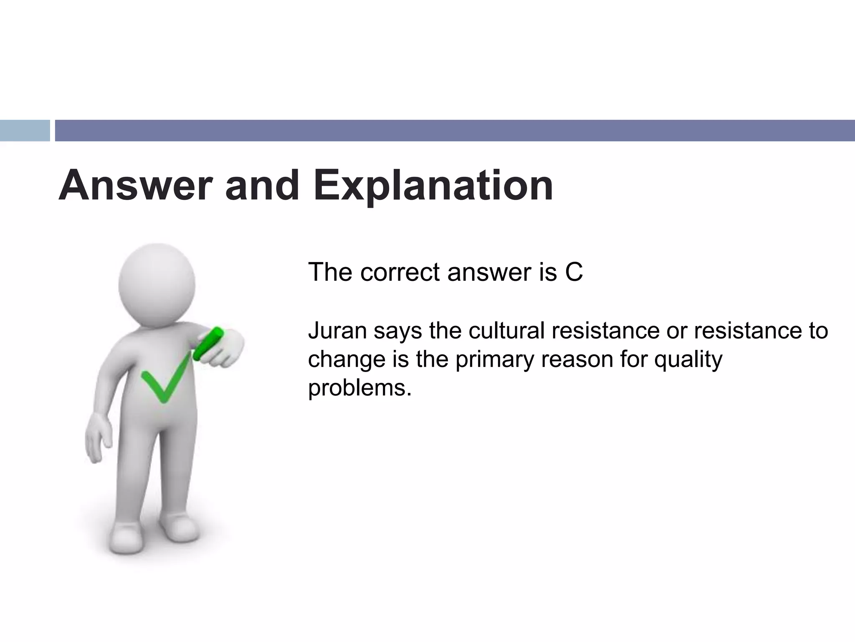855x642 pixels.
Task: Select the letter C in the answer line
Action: (x=574, y=272)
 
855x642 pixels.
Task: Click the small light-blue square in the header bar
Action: (x=25, y=131)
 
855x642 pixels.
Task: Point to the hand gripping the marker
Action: (x=223, y=351)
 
